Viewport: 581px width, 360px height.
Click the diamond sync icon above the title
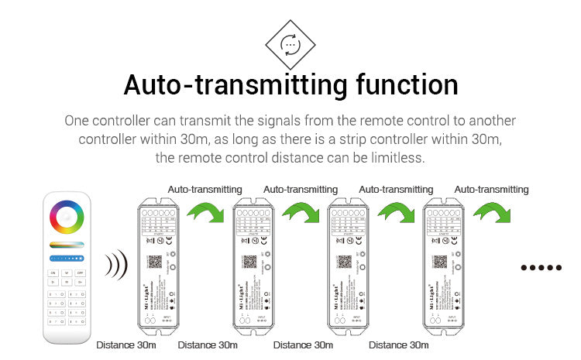click(x=290, y=44)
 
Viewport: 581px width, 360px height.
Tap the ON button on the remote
click(x=53, y=273)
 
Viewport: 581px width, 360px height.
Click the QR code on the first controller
click(x=153, y=261)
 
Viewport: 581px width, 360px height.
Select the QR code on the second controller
click(x=249, y=261)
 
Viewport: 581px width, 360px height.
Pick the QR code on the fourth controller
click(x=439, y=261)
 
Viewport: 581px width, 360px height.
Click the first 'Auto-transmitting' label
click(x=205, y=190)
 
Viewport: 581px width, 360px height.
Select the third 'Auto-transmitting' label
click(x=396, y=190)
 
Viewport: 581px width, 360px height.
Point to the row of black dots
click(x=541, y=268)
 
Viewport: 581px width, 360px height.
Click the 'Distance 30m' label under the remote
click(x=125, y=345)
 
